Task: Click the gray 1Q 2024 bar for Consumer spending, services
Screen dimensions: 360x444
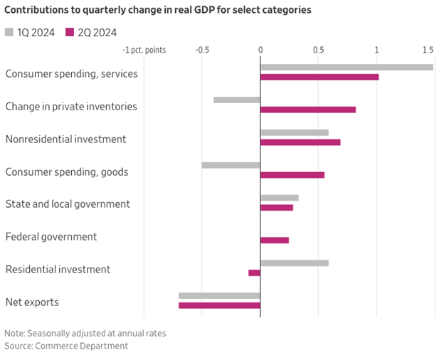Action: pos(347,68)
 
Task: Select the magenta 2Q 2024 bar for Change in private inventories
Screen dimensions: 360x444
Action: pos(308,110)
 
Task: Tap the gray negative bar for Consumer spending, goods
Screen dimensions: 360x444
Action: pos(231,165)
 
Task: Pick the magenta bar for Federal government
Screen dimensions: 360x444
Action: pos(275,240)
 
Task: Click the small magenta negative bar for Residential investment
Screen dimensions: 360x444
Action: pos(255,272)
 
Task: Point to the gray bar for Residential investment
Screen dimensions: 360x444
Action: pos(295,263)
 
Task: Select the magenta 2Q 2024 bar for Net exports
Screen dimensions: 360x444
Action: pos(219,305)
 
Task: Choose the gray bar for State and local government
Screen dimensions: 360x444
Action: pos(280,198)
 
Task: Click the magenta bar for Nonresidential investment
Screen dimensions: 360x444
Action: pos(300,142)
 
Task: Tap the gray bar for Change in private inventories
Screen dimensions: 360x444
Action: pos(237,100)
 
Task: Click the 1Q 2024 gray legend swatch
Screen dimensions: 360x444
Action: pos(9,32)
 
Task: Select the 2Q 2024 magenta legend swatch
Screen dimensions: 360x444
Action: pos(70,32)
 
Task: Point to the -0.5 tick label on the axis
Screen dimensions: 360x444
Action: pos(202,50)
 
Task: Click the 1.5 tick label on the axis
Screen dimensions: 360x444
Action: pos(428,50)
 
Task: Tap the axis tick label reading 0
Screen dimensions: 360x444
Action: pos(260,50)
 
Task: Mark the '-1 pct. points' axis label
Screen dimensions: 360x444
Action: pos(144,50)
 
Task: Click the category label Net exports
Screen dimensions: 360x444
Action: pos(32,302)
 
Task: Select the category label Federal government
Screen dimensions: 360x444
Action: pos(51,237)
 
